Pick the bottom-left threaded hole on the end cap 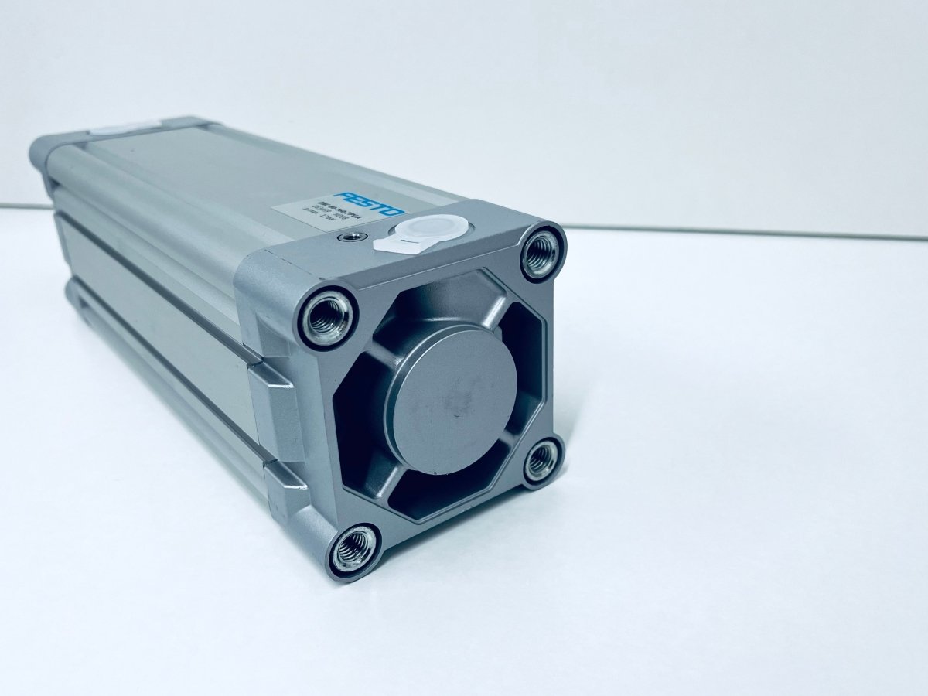(354, 549)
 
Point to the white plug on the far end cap (124, 128)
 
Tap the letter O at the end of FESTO (394, 211)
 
